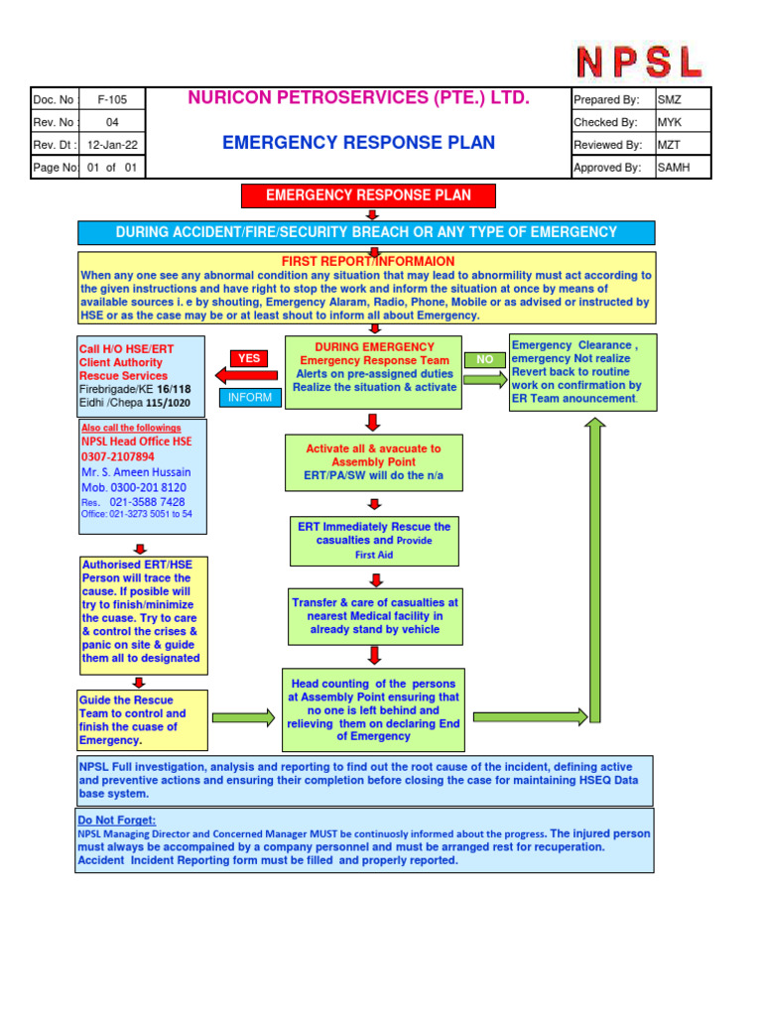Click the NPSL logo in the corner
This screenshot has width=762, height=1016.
[x=639, y=62]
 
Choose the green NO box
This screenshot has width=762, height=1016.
[x=484, y=359]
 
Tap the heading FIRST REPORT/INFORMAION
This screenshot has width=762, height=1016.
[x=368, y=261]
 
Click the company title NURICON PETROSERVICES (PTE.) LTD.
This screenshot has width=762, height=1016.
[x=359, y=98]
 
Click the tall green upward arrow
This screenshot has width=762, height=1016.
[x=595, y=566]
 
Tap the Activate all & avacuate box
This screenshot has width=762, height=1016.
[x=373, y=462]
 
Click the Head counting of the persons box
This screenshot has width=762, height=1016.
[x=373, y=710]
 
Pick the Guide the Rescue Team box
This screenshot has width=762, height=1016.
[x=143, y=719]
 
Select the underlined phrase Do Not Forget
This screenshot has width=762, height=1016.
[x=117, y=821]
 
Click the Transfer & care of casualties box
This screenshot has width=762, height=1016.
[x=374, y=616]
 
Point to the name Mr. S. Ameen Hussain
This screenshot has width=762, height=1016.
[x=136, y=472]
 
